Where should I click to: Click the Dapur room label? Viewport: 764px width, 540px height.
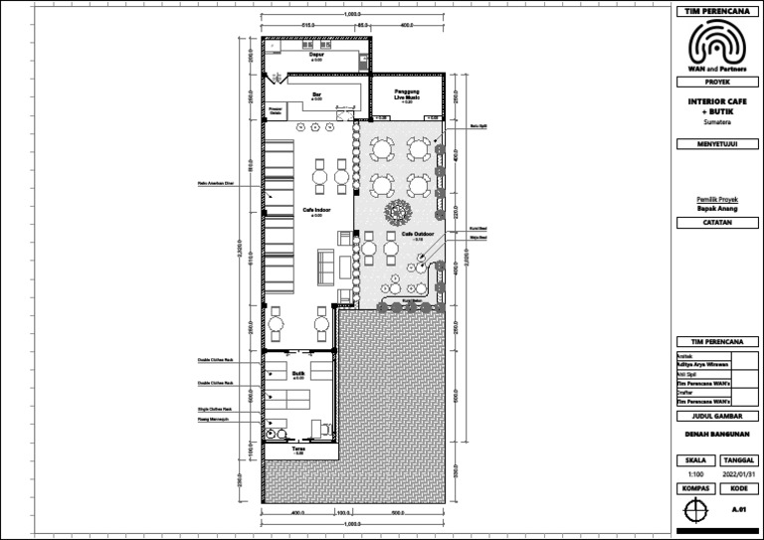tap(316, 55)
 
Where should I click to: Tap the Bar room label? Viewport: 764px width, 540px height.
tap(316, 94)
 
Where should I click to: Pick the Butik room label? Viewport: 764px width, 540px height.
tap(297, 374)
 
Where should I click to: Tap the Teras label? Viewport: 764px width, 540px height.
tap(297, 450)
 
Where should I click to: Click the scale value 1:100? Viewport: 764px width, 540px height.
tap(695, 475)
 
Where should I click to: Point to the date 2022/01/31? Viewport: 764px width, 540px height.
tap(737, 475)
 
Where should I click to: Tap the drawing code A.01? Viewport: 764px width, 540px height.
tap(737, 509)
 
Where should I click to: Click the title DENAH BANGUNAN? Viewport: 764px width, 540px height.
tap(716, 434)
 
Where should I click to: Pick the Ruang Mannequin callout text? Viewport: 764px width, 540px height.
tap(214, 421)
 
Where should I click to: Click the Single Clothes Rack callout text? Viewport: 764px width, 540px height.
tap(214, 409)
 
